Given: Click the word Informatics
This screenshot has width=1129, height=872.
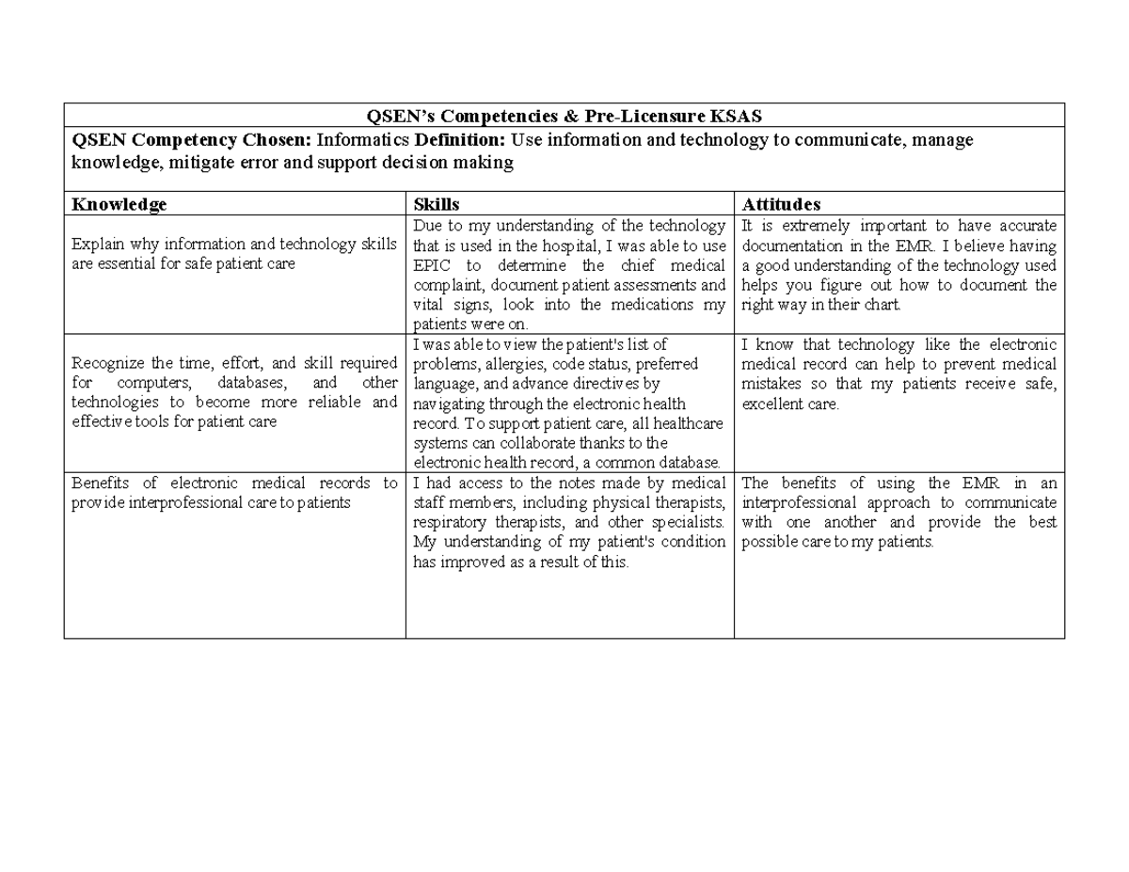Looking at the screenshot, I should [358, 140].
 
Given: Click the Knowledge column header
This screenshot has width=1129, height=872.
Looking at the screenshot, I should [119, 204].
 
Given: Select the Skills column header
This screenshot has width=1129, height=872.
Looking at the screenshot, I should [437, 204].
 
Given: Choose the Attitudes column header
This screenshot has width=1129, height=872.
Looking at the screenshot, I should [781, 204].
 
